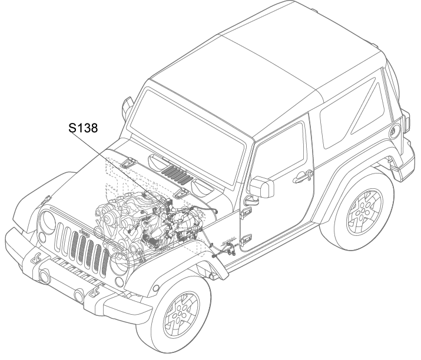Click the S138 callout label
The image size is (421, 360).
pos(83,128)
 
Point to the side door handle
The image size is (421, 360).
pos(302,177)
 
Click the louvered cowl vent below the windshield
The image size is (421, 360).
pos(177,175)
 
